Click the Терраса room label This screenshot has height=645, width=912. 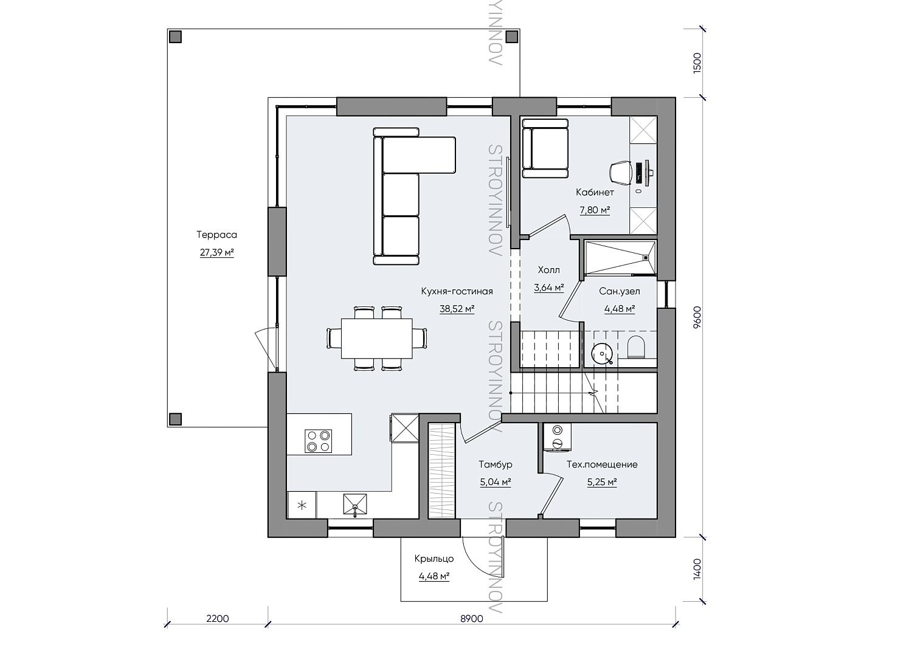point(216,235)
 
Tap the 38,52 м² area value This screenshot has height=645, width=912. point(457,309)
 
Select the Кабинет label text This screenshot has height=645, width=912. point(595,192)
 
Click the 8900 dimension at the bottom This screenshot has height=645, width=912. point(472,619)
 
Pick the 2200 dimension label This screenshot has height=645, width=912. point(218,619)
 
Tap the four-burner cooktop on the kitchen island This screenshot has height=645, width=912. point(318,441)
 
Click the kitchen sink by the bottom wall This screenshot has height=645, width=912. point(354,505)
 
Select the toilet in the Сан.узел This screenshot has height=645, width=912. point(637,347)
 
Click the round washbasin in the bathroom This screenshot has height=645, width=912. point(602,353)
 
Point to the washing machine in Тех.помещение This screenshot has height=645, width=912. point(557,437)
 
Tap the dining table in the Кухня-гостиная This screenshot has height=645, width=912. point(376,338)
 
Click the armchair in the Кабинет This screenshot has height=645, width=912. point(545,148)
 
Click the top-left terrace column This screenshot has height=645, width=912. point(176,36)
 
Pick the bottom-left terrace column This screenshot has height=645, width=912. point(176,419)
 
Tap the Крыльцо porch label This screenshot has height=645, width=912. point(434,559)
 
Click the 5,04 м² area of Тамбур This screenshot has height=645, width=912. point(495,482)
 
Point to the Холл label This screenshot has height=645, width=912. point(549,269)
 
